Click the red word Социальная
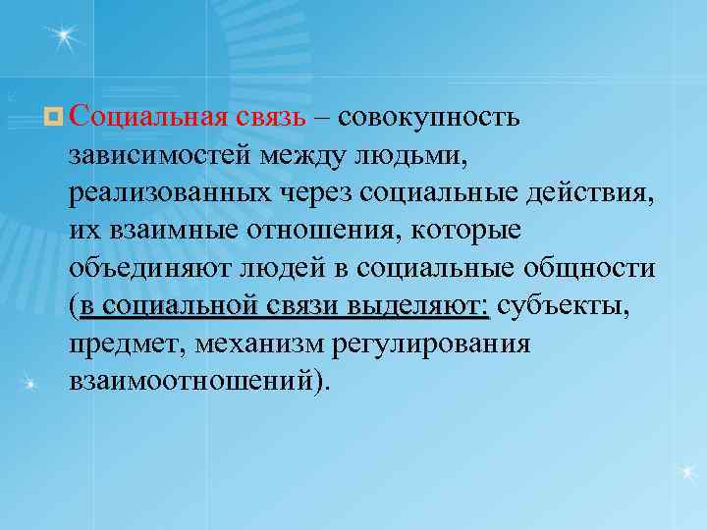148,118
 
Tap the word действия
597,193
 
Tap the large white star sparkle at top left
63,38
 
